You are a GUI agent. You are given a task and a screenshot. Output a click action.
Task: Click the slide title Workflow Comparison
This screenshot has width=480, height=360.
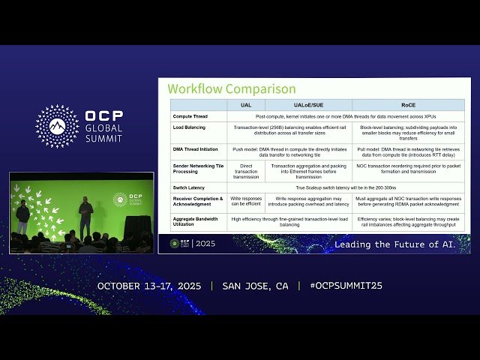(x=232, y=88)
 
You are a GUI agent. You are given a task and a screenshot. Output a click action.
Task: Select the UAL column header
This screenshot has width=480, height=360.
(x=245, y=106)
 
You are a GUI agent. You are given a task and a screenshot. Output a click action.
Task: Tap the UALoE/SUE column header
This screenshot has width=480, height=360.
(x=308, y=106)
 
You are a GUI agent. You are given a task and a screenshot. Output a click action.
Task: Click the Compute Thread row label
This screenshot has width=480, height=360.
(x=190, y=116)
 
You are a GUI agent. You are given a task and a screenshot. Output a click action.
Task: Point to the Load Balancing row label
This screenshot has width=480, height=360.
(x=189, y=127)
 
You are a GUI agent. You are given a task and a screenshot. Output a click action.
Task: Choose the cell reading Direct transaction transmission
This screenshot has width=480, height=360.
(x=245, y=170)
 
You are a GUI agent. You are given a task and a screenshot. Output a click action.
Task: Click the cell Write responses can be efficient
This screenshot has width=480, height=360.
(x=245, y=201)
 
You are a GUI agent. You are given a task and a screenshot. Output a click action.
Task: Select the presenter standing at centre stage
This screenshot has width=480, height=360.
(x=85, y=217)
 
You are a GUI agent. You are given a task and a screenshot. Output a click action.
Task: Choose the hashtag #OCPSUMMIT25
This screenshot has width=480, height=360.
(x=346, y=286)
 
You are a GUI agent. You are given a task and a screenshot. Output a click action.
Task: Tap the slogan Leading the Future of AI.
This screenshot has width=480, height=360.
(x=394, y=244)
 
